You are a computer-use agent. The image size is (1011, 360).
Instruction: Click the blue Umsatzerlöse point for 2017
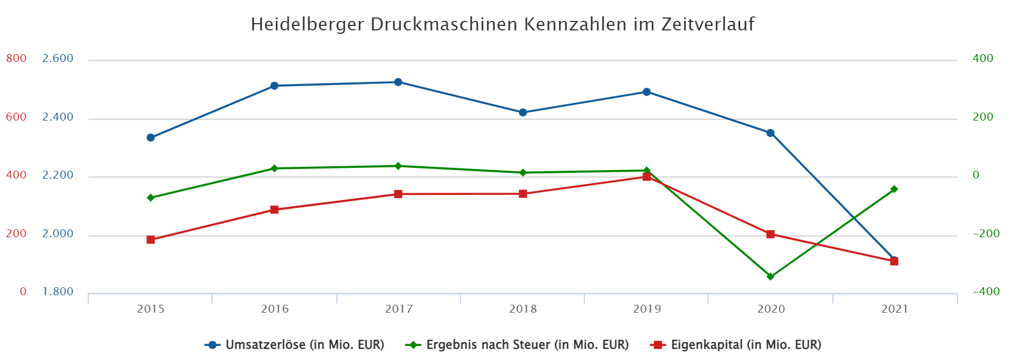[398, 82]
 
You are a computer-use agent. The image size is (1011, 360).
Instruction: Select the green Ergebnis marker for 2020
[770, 277]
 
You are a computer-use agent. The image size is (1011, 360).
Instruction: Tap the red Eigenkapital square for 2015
[150, 240]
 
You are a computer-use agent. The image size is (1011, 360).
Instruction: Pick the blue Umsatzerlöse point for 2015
[150, 137]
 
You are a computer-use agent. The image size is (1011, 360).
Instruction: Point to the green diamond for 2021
[894, 189]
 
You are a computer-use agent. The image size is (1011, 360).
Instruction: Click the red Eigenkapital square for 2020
[770, 234]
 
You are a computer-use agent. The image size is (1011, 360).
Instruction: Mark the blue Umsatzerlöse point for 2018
[523, 113]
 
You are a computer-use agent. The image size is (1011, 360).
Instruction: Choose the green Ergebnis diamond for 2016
[274, 168]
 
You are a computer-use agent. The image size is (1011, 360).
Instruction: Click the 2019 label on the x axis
[647, 309]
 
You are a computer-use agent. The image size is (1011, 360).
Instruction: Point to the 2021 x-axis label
[895, 309]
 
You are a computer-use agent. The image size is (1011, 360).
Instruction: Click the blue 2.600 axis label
[58, 59]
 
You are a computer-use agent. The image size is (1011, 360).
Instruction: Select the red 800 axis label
[16, 59]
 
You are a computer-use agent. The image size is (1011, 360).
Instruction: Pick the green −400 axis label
[986, 292]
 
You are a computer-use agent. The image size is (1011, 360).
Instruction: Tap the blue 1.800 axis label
[58, 292]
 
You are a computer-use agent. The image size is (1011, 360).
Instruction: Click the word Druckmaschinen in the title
[445, 25]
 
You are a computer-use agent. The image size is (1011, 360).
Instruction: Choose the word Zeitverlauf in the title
[708, 25]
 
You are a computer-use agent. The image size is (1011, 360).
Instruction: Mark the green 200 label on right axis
[983, 117]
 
